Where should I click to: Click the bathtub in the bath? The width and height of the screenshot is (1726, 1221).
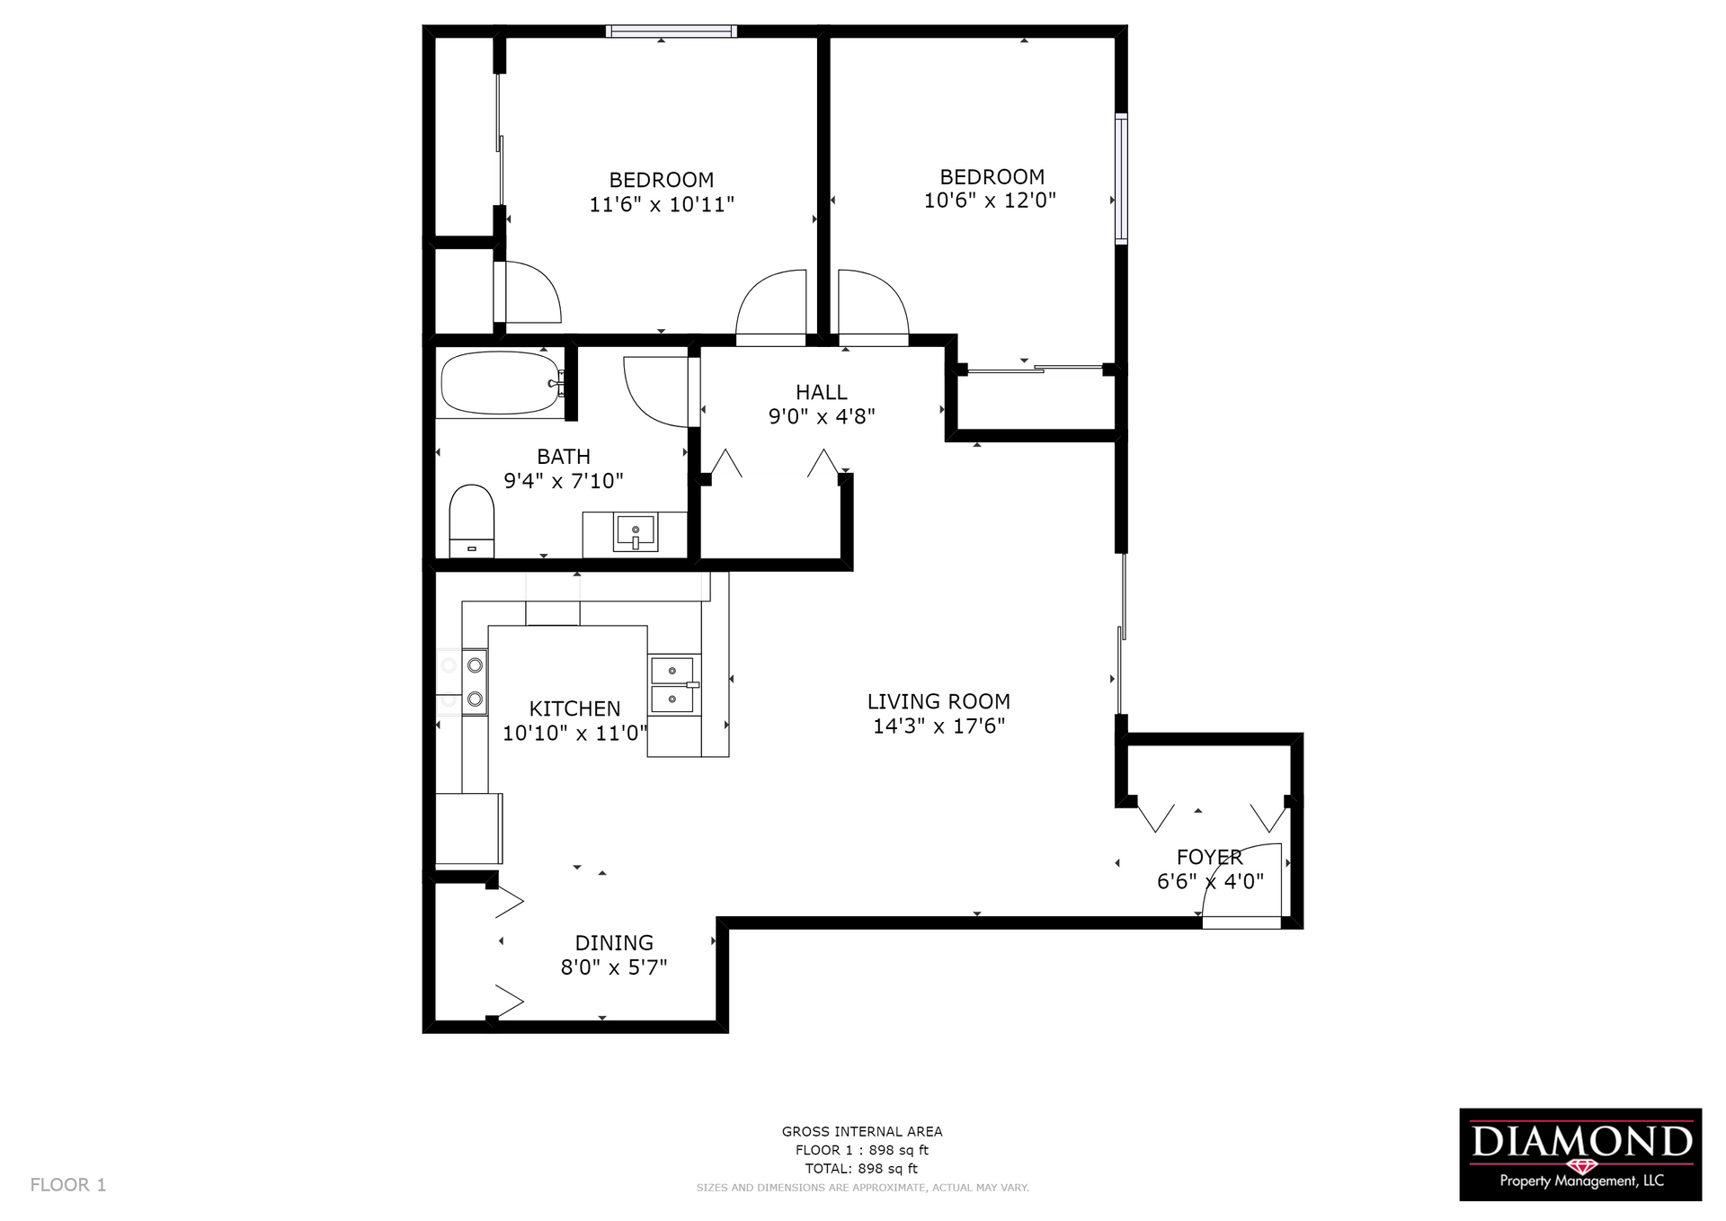pyautogui.click(x=499, y=383)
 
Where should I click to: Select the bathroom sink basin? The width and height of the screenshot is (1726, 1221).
pyautogui.click(x=636, y=532)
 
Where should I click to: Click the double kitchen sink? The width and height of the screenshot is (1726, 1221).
pyautogui.click(x=673, y=684)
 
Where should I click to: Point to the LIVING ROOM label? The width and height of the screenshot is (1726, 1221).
pyautogui.click(x=939, y=701)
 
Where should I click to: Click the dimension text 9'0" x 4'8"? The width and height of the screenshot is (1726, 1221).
pyautogui.click(x=822, y=416)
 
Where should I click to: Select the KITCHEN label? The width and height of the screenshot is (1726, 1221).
pyautogui.click(x=574, y=709)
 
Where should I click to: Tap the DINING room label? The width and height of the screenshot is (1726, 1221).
pyautogui.click(x=614, y=942)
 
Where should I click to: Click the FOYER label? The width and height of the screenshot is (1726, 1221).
pyautogui.click(x=1209, y=857)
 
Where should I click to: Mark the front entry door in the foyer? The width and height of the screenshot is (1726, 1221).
pyautogui.click(x=1241, y=922)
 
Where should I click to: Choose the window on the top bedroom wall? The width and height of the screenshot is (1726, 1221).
pyautogui.click(x=671, y=31)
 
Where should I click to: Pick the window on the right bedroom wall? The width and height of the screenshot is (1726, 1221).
pyautogui.click(x=1121, y=178)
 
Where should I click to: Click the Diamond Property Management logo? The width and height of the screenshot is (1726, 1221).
pyautogui.click(x=1579, y=1154)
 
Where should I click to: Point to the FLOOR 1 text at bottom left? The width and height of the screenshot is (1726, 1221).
pyautogui.click(x=68, y=1184)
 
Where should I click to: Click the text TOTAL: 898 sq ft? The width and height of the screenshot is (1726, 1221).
pyautogui.click(x=861, y=1169)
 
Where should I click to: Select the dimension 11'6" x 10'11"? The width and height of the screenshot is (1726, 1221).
pyautogui.click(x=662, y=204)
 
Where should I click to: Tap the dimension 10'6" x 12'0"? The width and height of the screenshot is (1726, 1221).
pyautogui.click(x=990, y=201)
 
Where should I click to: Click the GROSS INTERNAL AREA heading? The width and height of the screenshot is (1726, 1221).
pyautogui.click(x=861, y=1132)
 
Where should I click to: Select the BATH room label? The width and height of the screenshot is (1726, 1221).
pyautogui.click(x=564, y=457)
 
